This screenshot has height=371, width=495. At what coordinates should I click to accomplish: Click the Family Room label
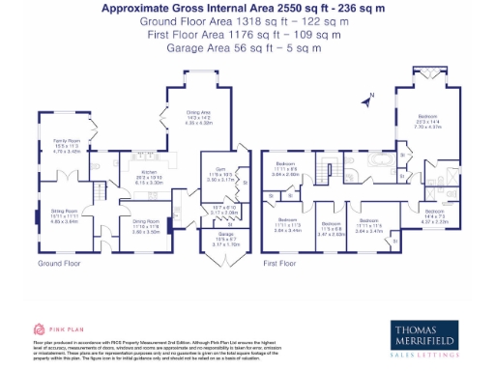point(66,146)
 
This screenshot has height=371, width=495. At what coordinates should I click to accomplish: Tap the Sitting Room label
point(64,217)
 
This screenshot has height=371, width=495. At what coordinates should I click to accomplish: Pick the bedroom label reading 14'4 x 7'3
point(435,216)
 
